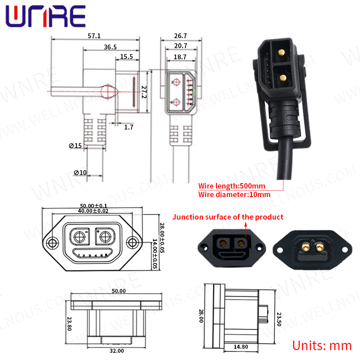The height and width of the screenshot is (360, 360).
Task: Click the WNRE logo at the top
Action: pos(45,17)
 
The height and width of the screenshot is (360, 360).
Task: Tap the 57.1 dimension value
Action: pos(94,36)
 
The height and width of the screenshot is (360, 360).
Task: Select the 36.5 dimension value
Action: pos(110,47)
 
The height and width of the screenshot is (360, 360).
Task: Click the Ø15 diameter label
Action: pos(75,145)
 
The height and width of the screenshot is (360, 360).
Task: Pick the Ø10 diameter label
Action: pos(80,173)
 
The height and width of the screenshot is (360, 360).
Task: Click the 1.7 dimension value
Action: pos(129,127)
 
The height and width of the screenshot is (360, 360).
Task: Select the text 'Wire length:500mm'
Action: pos(232,186)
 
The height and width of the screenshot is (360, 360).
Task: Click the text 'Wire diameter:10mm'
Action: pos(234,195)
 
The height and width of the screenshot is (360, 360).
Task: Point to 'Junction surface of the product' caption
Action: pos(228,217)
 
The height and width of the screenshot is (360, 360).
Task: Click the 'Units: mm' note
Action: pos(322,346)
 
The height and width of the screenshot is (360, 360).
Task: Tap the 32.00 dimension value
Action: pos(117,350)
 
